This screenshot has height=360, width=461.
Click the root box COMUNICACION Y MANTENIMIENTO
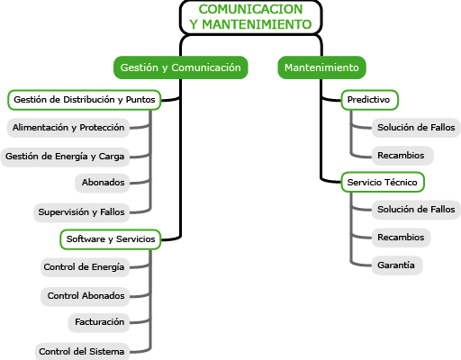click(251, 17)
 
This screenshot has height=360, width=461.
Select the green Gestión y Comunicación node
click(181, 67)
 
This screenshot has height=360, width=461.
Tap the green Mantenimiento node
click(321, 67)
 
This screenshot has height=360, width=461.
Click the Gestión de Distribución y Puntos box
click(85, 100)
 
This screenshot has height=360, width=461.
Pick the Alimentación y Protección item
click(68, 128)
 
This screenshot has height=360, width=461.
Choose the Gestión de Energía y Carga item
click(65, 157)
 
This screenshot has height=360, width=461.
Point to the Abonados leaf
click(102, 183)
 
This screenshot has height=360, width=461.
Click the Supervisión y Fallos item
click(81, 212)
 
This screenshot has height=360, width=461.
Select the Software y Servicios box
click(111, 239)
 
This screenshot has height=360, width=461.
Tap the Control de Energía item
click(85, 267)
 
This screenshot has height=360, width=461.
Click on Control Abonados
click(85, 296)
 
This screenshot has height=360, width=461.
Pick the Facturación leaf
click(99, 322)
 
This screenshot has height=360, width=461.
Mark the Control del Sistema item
click(82, 351)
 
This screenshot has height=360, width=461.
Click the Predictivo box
click(370, 100)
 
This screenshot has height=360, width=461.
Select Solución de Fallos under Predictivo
click(416, 128)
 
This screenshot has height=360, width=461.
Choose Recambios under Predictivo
click(402, 156)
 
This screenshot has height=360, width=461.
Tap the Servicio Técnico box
click(383, 182)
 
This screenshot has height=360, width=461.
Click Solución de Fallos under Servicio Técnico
click(416, 210)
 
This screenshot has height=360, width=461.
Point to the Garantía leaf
click(397, 265)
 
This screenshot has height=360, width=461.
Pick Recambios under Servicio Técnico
click(401, 238)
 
